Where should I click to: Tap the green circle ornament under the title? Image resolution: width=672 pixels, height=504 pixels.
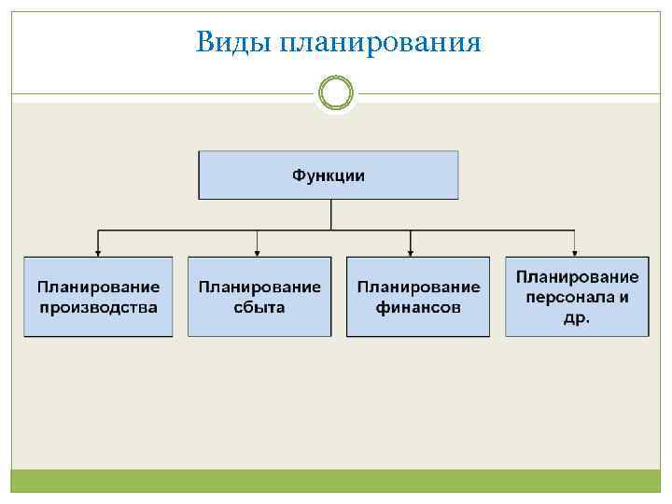click(336, 92)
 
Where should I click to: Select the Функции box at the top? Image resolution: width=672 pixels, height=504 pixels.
click(329, 175)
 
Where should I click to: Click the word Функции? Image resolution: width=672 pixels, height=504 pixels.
click(329, 175)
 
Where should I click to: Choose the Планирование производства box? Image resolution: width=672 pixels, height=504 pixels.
click(98, 296)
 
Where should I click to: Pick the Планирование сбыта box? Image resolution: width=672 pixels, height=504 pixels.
click(259, 296)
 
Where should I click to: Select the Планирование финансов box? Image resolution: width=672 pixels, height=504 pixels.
click(418, 296)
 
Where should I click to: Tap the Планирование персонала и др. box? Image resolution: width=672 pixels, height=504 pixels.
click(577, 296)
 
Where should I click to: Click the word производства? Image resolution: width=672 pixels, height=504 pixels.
click(98, 307)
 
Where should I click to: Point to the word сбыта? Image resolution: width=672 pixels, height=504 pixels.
click(259, 307)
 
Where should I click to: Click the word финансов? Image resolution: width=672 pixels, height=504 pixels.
click(418, 307)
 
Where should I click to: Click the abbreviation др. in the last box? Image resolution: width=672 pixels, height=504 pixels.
click(577, 316)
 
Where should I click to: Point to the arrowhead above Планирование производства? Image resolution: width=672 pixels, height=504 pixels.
click(98, 251)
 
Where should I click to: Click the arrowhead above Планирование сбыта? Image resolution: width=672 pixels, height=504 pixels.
click(258, 251)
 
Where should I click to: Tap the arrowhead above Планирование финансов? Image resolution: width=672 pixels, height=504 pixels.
click(411, 251)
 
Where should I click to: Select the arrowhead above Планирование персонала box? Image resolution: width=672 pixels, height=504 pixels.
click(575, 251)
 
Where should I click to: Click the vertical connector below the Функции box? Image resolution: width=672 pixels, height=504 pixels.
click(330, 214)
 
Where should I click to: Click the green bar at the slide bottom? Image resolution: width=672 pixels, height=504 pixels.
click(336, 482)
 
